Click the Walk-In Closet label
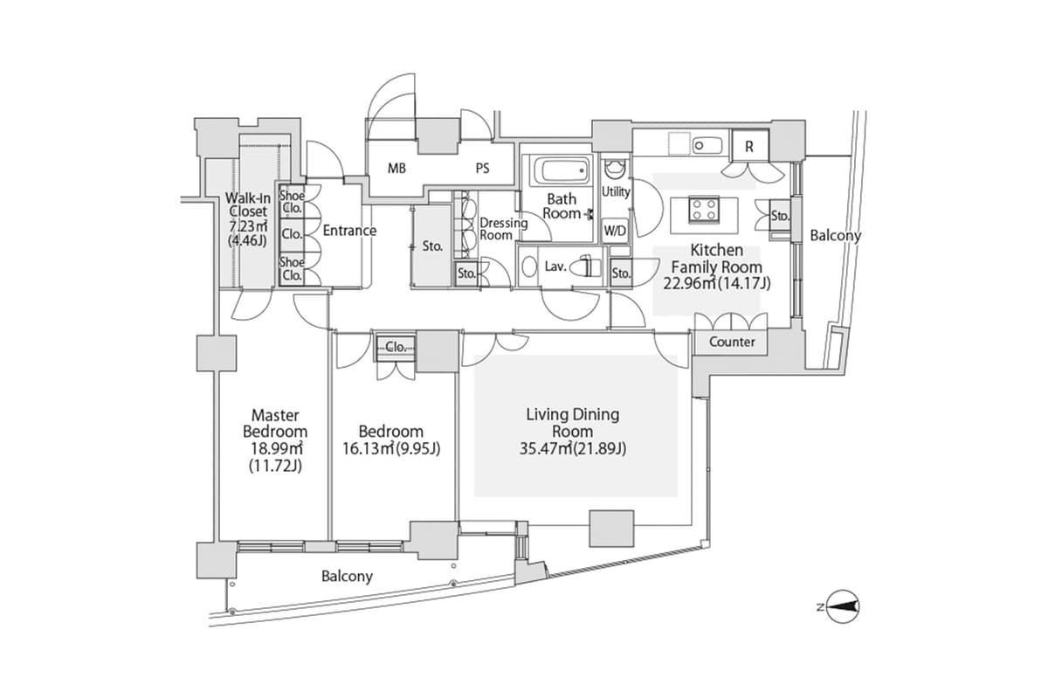[x=248, y=210]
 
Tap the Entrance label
[x=349, y=231]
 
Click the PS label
[x=482, y=169]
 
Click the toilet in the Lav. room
[x=589, y=266]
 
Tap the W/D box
[x=615, y=231]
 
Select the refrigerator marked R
[x=748, y=147]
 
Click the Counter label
[x=732, y=342]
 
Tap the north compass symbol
[x=843, y=606]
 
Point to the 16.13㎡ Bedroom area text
[x=390, y=449]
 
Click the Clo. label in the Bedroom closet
[x=396, y=347]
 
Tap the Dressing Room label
[x=503, y=229]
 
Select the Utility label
[x=616, y=190]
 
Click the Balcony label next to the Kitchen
[x=835, y=235]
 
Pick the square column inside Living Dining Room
[x=611, y=529]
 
